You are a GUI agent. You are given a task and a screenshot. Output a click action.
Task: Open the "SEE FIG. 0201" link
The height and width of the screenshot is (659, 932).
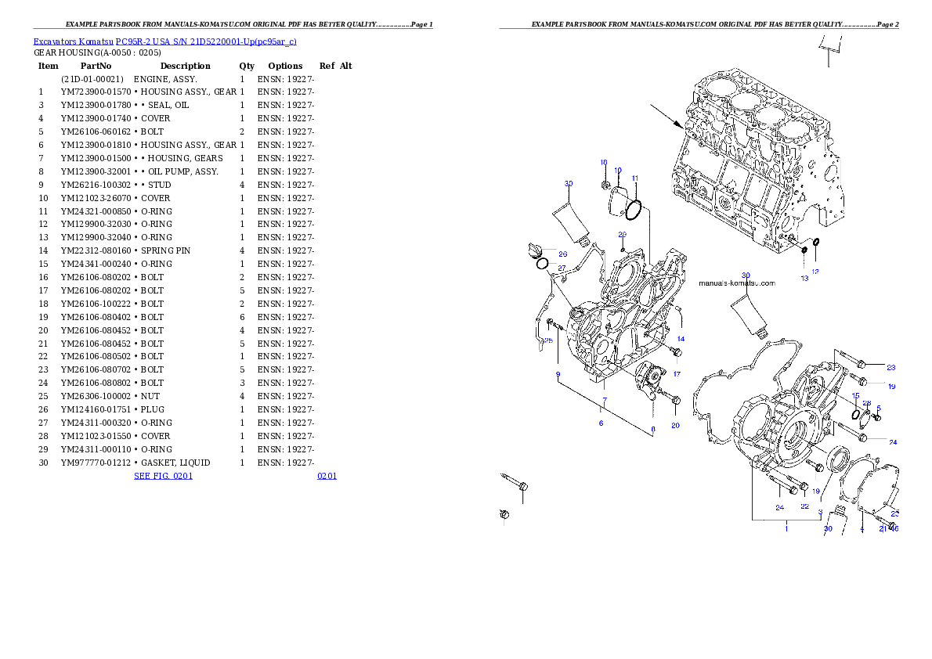click(x=163, y=475)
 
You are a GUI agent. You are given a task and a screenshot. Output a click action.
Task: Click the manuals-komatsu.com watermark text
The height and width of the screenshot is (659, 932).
click(x=737, y=283)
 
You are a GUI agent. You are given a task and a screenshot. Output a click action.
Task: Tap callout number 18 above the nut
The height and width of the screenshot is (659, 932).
click(x=604, y=162)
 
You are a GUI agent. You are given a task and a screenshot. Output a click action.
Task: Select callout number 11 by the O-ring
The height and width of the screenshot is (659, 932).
click(x=635, y=178)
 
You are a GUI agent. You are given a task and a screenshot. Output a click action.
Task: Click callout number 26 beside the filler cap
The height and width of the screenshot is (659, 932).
click(x=562, y=254)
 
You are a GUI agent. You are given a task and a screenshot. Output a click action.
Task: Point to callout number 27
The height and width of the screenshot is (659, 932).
click(x=562, y=268)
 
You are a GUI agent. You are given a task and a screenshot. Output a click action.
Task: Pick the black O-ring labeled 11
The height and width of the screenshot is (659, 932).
click(x=634, y=209)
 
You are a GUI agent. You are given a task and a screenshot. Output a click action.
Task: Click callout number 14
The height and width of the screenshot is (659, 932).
click(x=681, y=339)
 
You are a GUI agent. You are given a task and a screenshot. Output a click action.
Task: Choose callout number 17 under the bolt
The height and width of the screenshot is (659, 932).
click(x=677, y=373)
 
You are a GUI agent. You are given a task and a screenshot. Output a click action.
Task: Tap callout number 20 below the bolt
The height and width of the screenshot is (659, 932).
click(x=675, y=426)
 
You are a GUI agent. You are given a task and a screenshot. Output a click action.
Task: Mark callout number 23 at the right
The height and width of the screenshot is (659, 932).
click(x=891, y=367)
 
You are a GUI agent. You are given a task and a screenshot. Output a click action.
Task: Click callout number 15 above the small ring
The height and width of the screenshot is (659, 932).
click(x=855, y=396)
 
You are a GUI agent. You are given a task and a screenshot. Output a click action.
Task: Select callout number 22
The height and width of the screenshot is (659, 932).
click(x=804, y=507)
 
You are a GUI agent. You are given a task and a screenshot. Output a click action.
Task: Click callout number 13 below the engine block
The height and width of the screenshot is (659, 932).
click(x=804, y=278)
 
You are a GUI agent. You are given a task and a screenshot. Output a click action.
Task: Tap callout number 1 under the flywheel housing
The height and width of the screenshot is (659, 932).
click(x=786, y=528)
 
